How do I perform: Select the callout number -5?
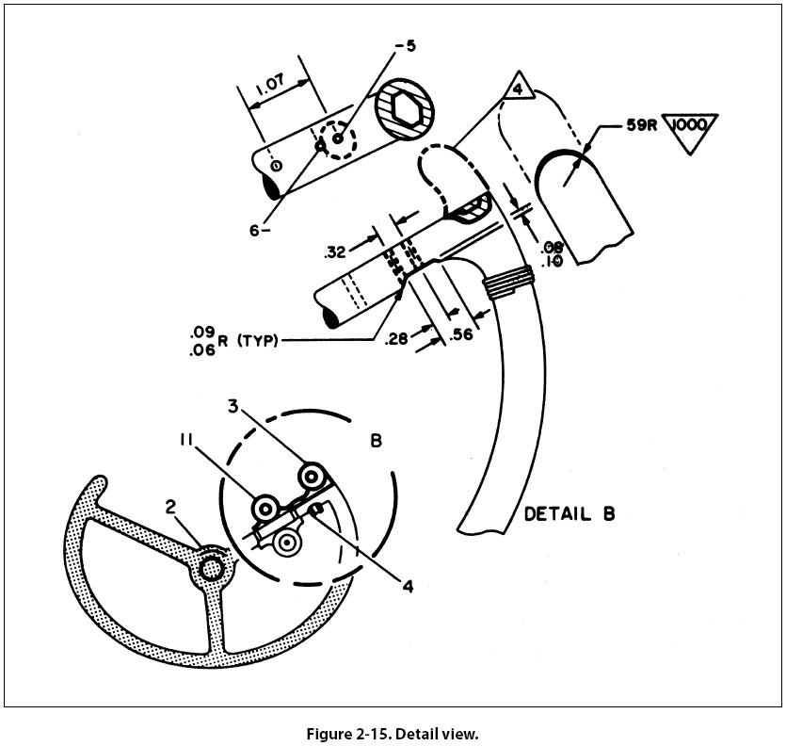[x=406, y=44]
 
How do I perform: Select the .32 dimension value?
[x=334, y=251]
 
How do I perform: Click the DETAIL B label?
[x=569, y=514]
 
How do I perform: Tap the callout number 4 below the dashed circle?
[x=408, y=585]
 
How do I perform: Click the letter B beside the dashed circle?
[x=374, y=439]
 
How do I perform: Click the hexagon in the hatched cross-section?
[x=403, y=111]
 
